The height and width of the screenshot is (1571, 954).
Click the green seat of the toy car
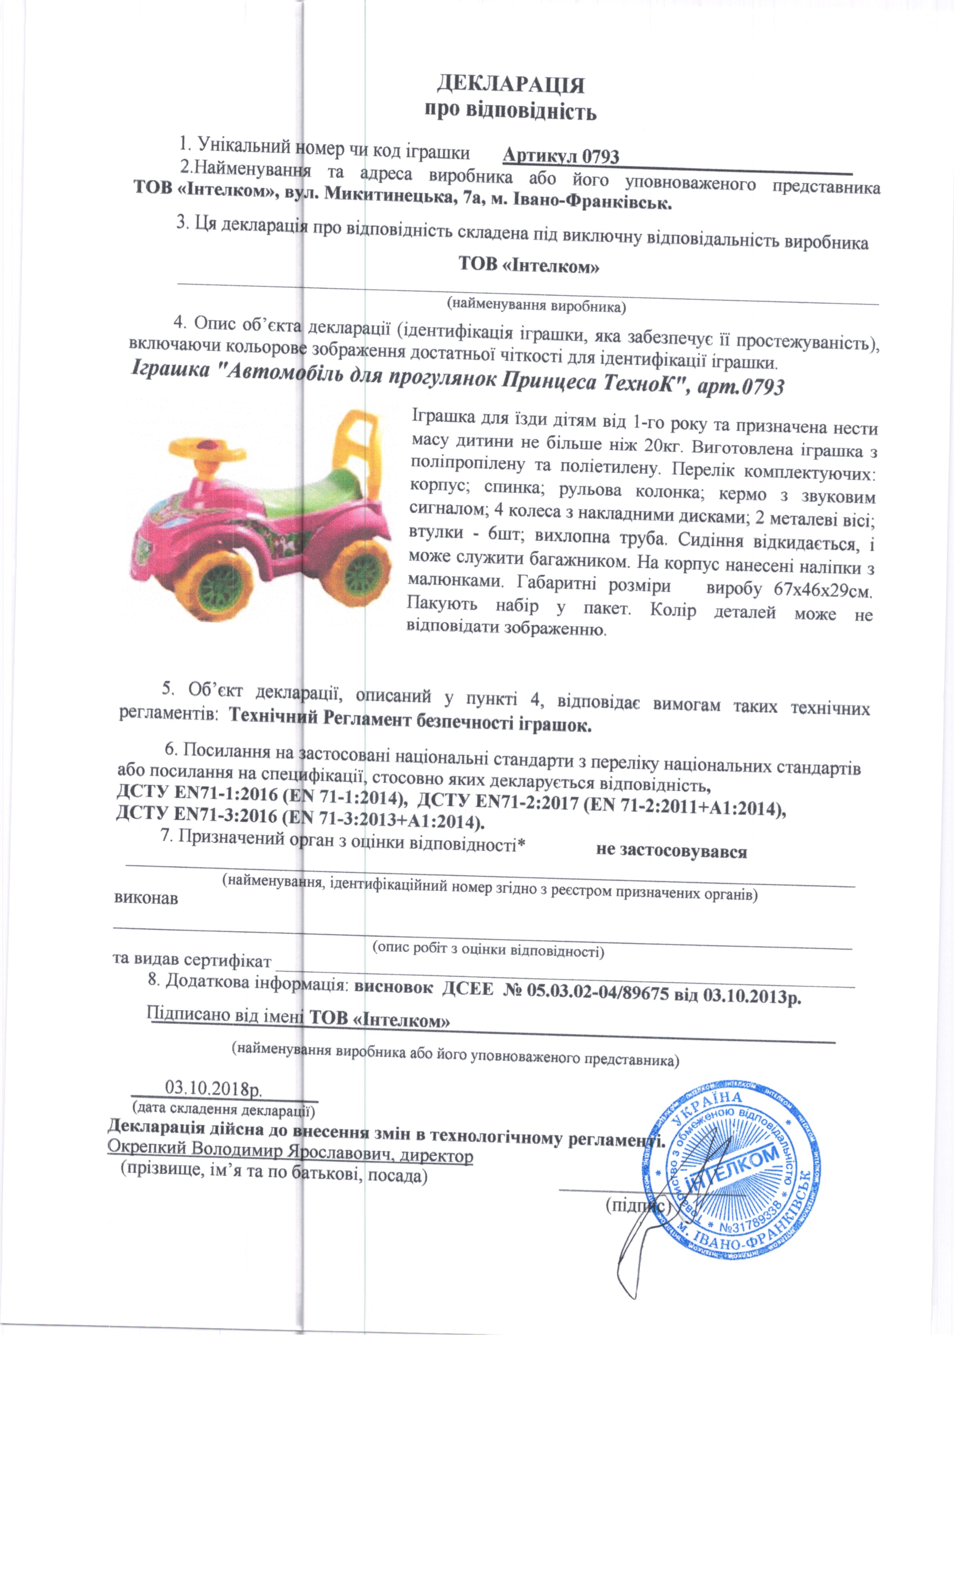click(x=312, y=497)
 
